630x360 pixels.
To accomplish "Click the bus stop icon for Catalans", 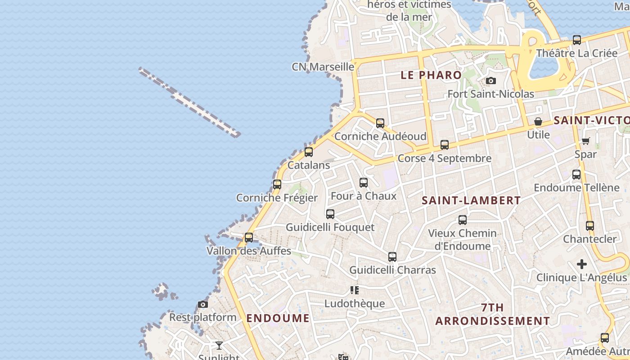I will pos(309,152).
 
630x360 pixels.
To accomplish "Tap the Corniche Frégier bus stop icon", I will pos(277,184).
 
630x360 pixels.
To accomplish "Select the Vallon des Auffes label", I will pos(249,251).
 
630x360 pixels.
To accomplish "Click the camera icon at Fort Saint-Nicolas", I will pos(491,81).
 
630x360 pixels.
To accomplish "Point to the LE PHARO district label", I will pos(431,75).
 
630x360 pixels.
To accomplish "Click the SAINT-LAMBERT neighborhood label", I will pos(471,201).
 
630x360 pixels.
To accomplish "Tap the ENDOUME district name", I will pos(278,318).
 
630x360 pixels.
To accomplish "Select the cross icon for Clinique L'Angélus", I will pos(582,264).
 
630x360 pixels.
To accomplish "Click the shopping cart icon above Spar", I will pos(585,141).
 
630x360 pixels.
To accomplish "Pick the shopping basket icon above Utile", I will pos(538,121).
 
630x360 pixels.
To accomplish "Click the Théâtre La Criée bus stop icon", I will pos(577,40).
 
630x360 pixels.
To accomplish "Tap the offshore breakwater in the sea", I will pos(189,102).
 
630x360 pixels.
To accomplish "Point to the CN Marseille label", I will pos(323,67).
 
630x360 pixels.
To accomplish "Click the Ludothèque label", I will pos(355,303).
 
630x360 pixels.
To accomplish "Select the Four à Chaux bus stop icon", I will pos(364,183).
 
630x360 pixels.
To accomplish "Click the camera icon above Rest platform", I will pos(203,305).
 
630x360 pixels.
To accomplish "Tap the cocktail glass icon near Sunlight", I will pos(219,346).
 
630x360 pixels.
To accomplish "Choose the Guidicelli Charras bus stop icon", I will pos(392,257).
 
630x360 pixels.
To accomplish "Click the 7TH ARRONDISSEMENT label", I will pos(492,314).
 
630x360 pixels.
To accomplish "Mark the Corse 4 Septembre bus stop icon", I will pos(445,145).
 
